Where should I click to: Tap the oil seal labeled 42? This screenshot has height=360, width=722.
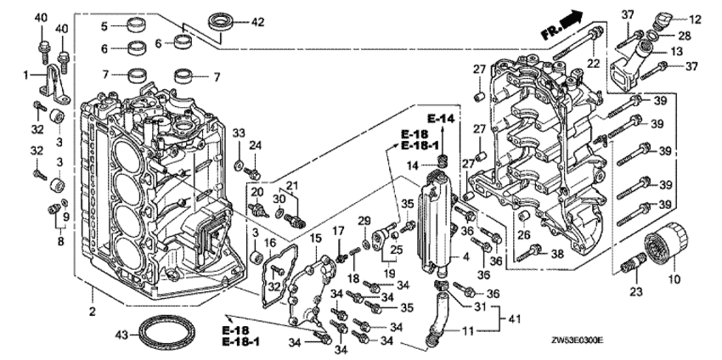click(224, 20)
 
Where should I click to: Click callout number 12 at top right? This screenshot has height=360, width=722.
click(695, 19)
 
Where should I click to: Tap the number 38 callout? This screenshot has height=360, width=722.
click(556, 252)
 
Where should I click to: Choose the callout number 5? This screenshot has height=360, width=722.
click(104, 26)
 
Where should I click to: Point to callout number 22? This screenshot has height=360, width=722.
click(593, 64)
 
